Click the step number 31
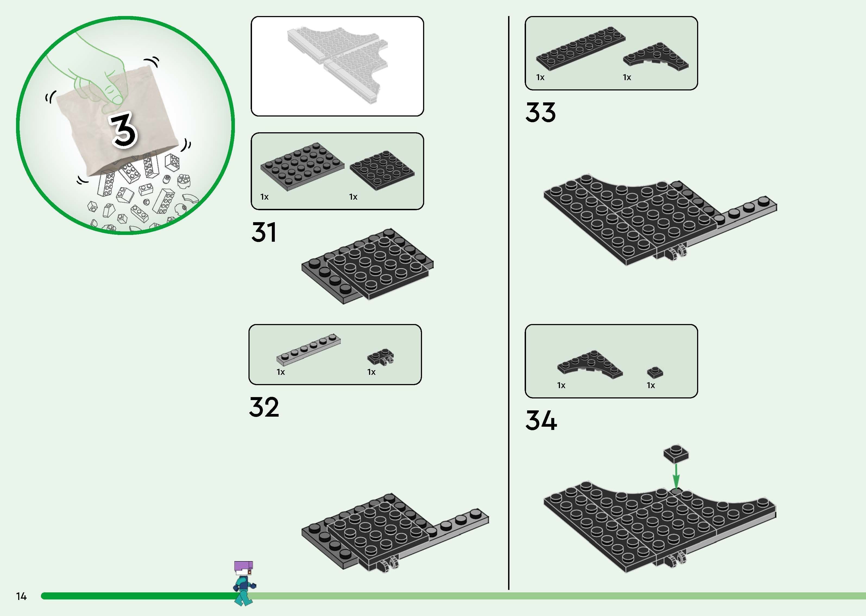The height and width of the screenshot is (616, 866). (x=264, y=232)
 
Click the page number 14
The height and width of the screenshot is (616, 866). (x=21, y=596)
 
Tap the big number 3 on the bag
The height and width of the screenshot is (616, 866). (x=123, y=130)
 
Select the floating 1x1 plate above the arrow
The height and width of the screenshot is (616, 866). (x=676, y=454)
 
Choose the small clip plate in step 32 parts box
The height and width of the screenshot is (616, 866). (x=380, y=358)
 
